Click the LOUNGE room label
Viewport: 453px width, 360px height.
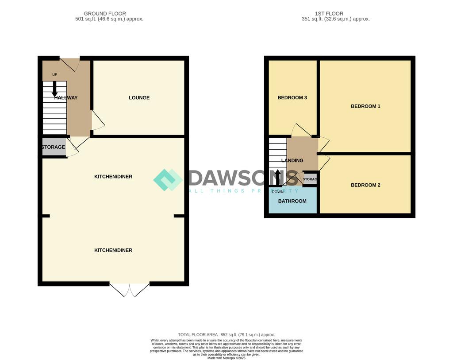click(x=139, y=98)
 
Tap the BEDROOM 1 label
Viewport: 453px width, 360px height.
click(x=365, y=106)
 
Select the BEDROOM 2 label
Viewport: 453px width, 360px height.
click(x=365, y=185)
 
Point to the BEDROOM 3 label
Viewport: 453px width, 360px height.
click(x=292, y=98)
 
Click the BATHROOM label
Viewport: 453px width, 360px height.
click(x=292, y=201)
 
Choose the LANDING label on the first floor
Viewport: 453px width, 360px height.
click(x=292, y=161)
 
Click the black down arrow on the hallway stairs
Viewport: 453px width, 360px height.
click(x=55, y=89)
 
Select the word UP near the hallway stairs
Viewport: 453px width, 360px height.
click(x=54, y=74)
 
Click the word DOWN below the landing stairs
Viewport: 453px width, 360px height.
click(x=278, y=192)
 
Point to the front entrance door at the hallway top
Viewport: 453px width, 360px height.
click(x=69, y=64)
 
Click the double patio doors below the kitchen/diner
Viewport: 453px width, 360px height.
click(x=130, y=290)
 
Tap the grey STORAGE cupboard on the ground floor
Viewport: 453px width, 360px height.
click(x=54, y=147)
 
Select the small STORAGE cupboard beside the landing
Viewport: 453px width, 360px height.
click(x=310, y=179)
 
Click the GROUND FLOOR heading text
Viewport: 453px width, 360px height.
click(x=105, y=14)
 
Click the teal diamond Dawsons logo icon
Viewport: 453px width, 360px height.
click(x=168, y=180)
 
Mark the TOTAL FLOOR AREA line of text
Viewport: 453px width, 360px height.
click(x=226, y=335)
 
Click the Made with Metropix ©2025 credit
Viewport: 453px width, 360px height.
click(x=226, y=358)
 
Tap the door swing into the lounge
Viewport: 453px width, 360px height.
click(x=98, y=120)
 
